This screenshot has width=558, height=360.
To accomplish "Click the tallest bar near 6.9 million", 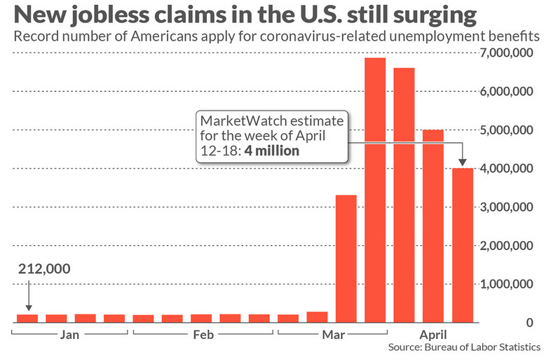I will click(x=375, y=189).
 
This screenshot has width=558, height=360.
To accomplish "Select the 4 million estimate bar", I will click(x=462, y=245).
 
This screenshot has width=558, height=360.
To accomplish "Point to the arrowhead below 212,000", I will click(x=28, y=307).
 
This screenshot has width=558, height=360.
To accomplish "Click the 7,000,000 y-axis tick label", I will click(x=509, y=53).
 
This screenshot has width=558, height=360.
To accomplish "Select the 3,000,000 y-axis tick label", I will click(x=509, y=207).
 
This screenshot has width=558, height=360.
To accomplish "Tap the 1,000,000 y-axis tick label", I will click(x=509, y=284).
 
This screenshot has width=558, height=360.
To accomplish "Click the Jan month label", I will click(x=69, y=335).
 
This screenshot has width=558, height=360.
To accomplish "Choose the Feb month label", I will click(x=201, y=335).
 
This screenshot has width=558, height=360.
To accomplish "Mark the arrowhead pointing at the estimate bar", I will click(x=462, y=163).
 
